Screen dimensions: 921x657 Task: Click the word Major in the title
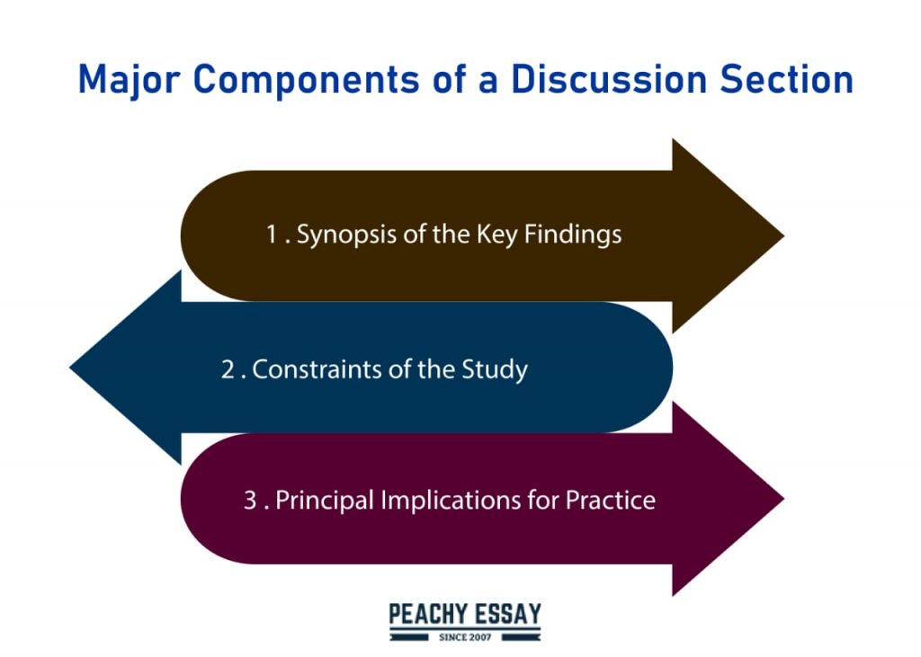point(129,80)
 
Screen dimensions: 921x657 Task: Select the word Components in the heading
point(306,80)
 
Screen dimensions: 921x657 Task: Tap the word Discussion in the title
point(609,79)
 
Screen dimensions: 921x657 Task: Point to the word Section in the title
point(786,79)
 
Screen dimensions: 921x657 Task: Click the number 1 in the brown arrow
point(272,235)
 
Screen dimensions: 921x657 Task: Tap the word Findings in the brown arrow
point(573,235)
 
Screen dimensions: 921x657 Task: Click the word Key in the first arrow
point(496,235)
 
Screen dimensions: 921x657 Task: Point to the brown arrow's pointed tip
point(783,235)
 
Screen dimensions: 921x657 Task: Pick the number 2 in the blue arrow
point(228,369)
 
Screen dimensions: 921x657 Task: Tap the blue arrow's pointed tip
point(70,368)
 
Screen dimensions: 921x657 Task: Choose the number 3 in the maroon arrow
point(250,501)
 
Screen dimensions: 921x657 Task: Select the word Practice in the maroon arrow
point(611,501)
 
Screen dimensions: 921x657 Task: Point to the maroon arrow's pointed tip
point(783,499)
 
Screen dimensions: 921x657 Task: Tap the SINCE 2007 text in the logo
point(465,637)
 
